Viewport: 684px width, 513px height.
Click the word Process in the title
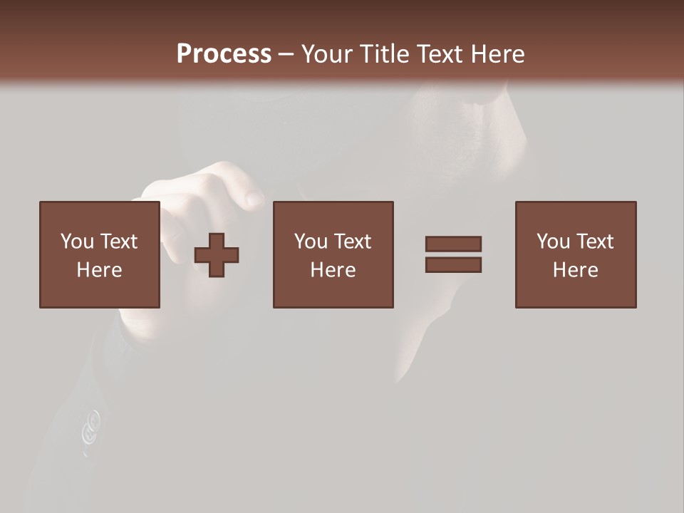[x=224, y=54]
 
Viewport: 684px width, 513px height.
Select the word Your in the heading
[x=328, y=54]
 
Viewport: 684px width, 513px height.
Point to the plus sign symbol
[x=217, y=255]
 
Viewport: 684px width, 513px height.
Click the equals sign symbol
[x=453, y=254]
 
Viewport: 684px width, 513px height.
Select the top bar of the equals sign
[x=453, y=244]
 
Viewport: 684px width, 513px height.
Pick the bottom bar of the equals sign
[x=453, y=265]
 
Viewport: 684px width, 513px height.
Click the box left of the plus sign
[x=100, y=254]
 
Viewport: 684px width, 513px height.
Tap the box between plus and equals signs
[x=333, y=254]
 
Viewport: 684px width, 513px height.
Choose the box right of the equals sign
[x=576, y=254]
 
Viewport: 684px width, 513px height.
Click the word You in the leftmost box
[x=76, y=242]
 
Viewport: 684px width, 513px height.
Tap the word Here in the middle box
[x=333, y=270]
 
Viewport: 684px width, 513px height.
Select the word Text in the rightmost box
[x=595, y=242]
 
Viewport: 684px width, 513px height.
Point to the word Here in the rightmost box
[x=576, y=270]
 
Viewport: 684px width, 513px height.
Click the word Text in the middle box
[x=353, y=242]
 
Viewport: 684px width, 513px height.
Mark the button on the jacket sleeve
[x=90, y=426]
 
